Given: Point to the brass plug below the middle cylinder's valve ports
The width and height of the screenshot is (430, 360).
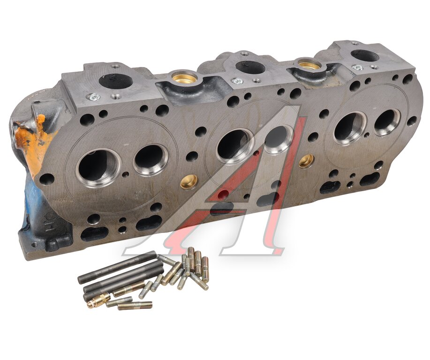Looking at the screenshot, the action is pyautogui.click(x=189, y=182).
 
